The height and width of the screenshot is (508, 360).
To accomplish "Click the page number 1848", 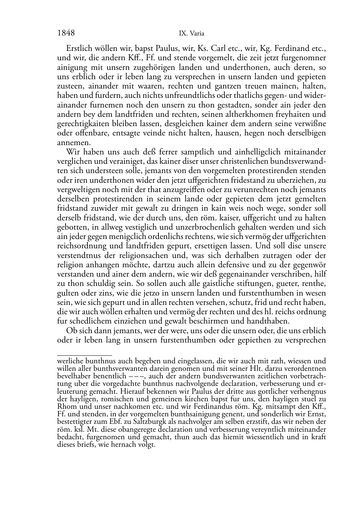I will tap(66, 33).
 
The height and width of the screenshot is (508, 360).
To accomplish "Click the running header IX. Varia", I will tap(191, 34).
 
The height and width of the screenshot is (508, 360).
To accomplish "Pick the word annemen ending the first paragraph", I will tap(70, 142).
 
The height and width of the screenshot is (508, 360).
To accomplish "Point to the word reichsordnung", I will tap(81, 246).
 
